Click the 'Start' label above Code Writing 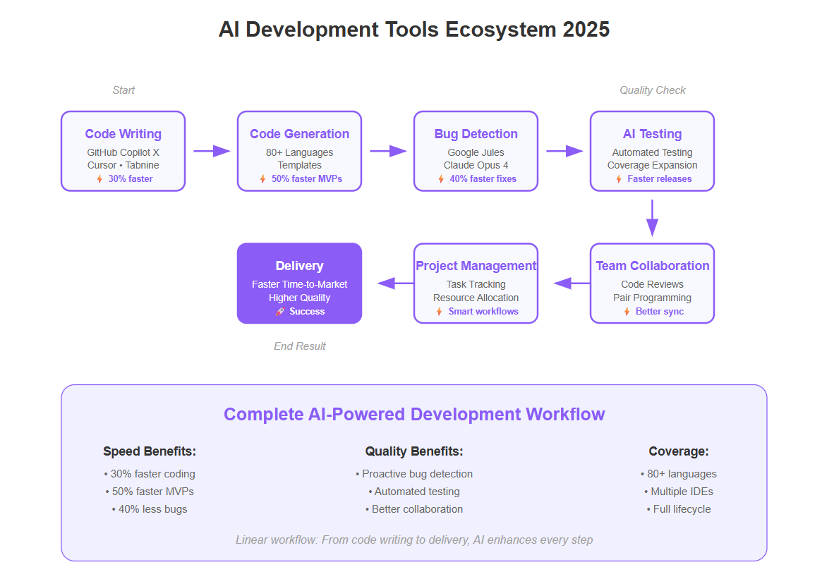[123, 90]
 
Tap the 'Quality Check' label [652, 90]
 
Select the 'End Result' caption [299, 346]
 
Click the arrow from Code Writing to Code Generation [212, 151]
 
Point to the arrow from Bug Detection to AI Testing [564, 151]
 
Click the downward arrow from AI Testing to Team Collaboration [652, 218]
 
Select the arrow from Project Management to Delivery [395, 284]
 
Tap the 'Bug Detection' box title [476, 134]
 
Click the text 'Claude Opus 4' [476, 165]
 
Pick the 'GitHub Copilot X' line [123, 152]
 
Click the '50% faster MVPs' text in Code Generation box [307, 179]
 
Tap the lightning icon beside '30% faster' [99, 179]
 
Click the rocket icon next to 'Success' [280, 312]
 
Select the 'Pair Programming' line [652, 298]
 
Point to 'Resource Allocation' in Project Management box [476, 298]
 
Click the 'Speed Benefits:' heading [150, 451]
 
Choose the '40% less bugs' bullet [150, 509]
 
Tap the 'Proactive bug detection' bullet [413, 474]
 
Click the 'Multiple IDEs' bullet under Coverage [679, 492]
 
